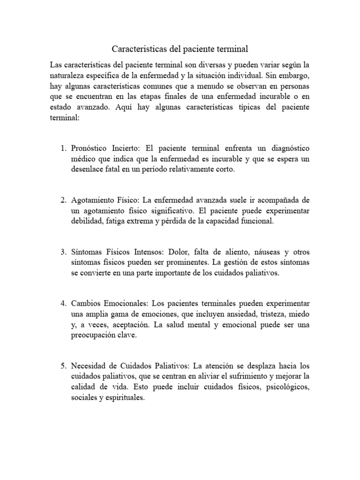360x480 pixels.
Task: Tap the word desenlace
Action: pos(89,169)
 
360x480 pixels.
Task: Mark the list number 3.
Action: pos(63,252)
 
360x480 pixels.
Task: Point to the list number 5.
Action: pos(63,366)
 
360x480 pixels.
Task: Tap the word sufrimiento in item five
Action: pos(251,377)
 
